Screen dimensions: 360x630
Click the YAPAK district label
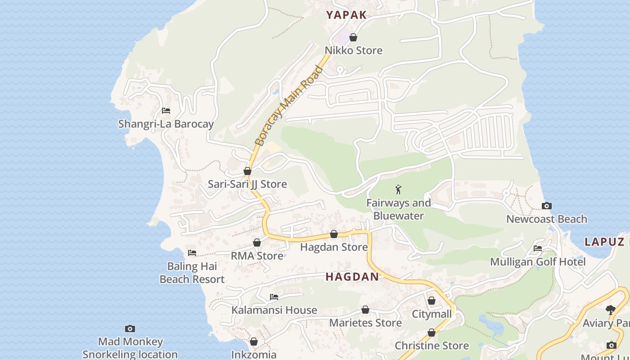pos(346,15)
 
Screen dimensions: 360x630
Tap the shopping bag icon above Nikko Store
pos(353,37)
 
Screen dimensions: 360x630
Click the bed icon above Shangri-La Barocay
pos(166,111)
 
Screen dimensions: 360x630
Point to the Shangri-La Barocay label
pos(166,124)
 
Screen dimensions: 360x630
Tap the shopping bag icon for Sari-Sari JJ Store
pos(247,171)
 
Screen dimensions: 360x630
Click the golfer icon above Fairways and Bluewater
pos(398,189)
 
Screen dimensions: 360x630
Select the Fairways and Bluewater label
pos(398,209)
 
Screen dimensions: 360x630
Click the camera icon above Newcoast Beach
pos(546,206)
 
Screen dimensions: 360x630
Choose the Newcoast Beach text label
pos(546,219)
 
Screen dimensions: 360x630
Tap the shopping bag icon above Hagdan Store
pos(334,234)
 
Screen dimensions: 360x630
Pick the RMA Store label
pos(257,256)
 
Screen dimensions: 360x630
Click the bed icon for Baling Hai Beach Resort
pos(192,253)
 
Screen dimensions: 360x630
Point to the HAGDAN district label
pos(352,277)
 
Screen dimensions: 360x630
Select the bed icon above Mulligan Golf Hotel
pos(537,248)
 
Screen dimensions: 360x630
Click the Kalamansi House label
pos(274,310)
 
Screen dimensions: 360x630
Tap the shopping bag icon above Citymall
pos(432,301)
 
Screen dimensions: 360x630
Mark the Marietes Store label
pos(365,323)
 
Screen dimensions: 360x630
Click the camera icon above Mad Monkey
pos(130,329)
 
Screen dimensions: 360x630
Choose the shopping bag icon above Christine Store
pos(432,333)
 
